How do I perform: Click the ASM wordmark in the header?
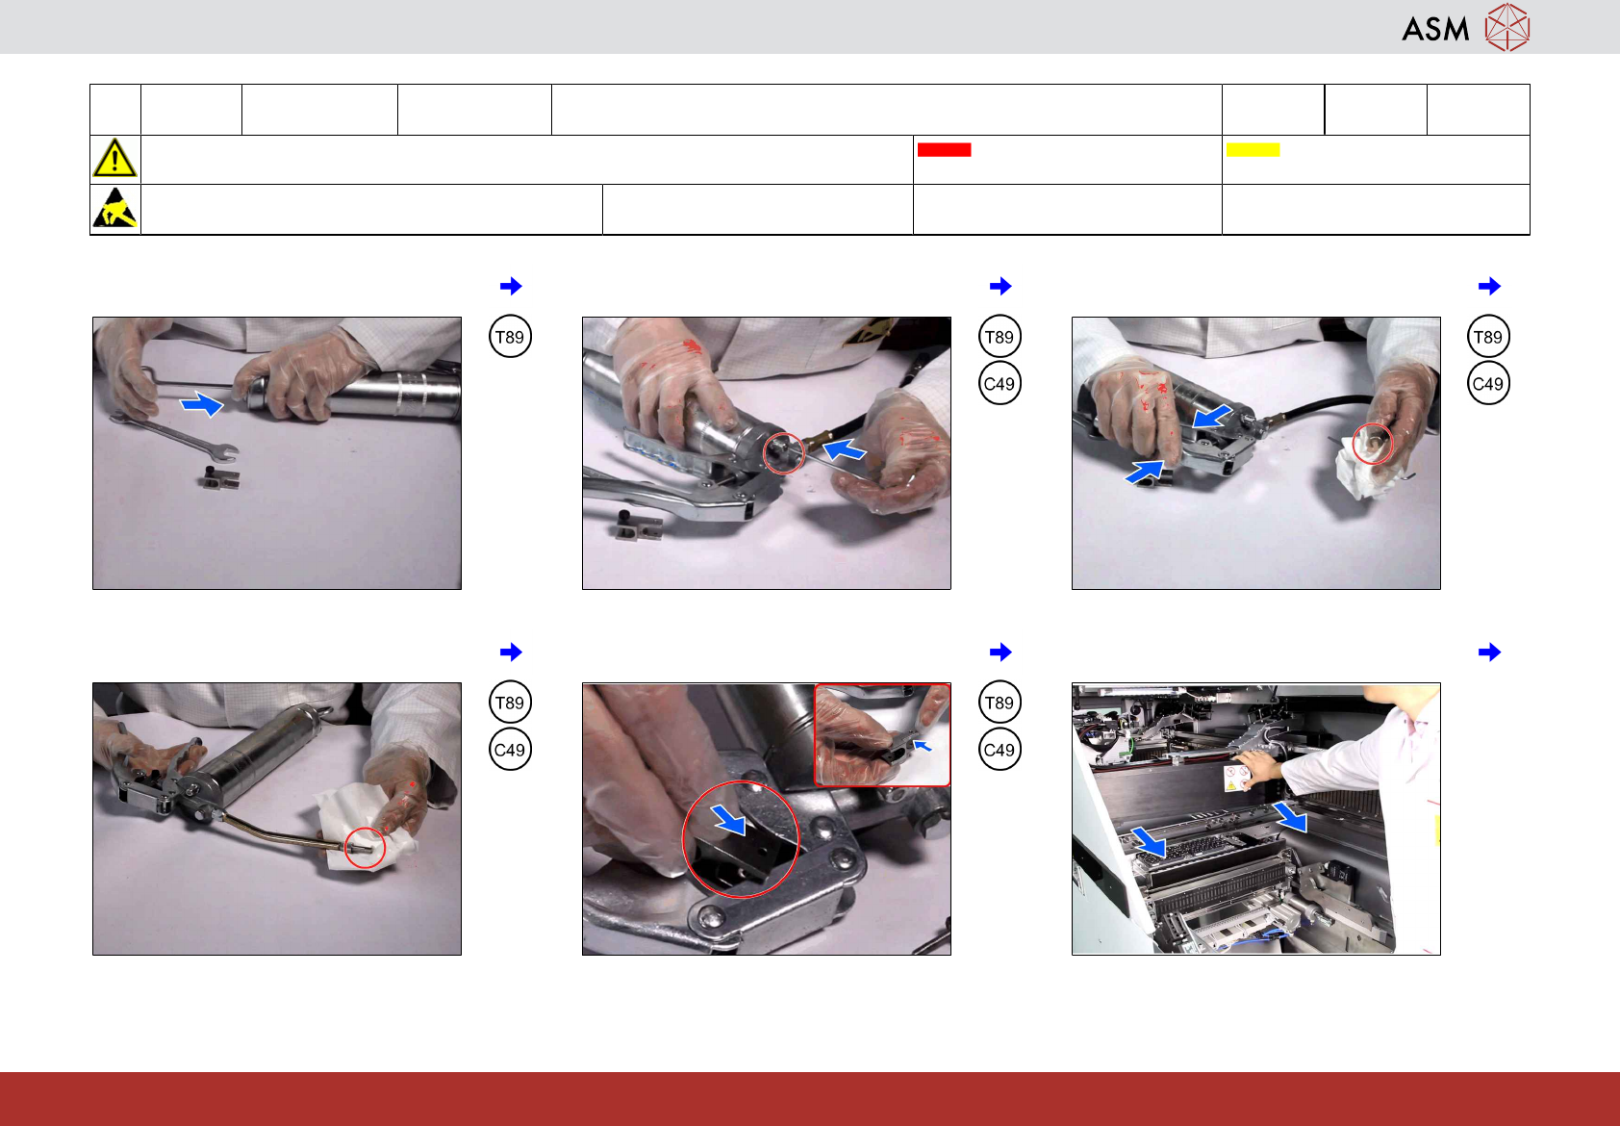[x=1435, y=29]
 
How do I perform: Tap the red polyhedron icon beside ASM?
[x=1507, y=27]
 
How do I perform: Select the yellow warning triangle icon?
[x=114, y=159]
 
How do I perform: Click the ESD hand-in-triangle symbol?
[x=114, y=209]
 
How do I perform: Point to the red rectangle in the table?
[x=944, y=150]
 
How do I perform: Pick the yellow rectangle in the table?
[x=1253, y=150]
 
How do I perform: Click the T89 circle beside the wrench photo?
[x=510, y=337]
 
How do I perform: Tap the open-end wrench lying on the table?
[x=174, y=436]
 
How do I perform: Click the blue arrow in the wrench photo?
[x=202, y=403]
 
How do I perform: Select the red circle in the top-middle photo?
[x=783, y=453]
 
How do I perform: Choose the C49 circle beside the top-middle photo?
[x=1000, y=384]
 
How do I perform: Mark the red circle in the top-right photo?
[x=1372, y=443]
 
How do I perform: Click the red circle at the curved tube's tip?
[x=365, y=848]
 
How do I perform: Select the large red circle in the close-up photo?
[x=741, y=839]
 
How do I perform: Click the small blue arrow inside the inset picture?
[x=923, y=745]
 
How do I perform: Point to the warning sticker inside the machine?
[x=1236, y=779]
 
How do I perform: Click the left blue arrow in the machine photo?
[x=1149, y=842]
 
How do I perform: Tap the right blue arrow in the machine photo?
[x=1289, y=816]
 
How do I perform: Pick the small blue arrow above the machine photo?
[x=1489, y=652]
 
